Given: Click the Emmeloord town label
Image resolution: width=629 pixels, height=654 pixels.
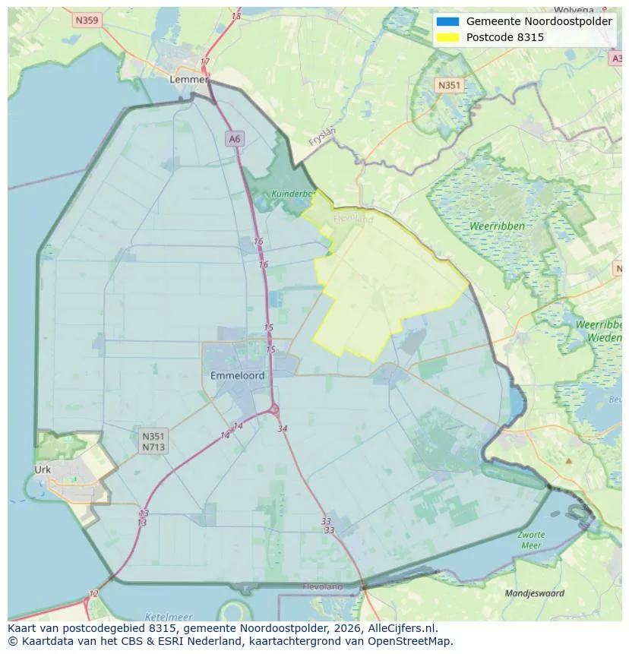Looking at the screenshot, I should [238, 375].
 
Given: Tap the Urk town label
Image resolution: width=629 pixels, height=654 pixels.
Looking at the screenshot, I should [43, 469].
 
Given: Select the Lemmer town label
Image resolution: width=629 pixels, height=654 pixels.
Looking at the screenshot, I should [189, 79].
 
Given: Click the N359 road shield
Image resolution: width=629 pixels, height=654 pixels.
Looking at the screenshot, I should [87, 21].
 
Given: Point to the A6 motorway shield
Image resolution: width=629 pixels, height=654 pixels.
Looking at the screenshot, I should [235, 138].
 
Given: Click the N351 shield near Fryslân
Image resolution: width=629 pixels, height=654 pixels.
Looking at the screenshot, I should [449, 85].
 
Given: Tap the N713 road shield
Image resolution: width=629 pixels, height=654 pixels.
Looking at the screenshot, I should [153, 447].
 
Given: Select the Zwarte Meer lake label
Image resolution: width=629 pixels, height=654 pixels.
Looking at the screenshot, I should [532, 539].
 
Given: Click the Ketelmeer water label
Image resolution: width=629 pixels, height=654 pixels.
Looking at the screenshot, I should [168, 617].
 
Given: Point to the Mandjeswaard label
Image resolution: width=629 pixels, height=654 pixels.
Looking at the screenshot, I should [535, 592].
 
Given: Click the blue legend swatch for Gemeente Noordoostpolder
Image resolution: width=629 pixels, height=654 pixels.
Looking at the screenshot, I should [448, 21].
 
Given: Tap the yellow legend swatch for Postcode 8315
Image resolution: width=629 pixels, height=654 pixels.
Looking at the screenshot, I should [448, 37].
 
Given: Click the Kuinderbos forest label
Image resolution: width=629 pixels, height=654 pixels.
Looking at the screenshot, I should [293, 194].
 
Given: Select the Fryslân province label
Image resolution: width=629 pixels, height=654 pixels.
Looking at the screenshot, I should [322, 136].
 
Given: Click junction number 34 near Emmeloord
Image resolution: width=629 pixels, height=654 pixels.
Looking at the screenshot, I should [283, 428].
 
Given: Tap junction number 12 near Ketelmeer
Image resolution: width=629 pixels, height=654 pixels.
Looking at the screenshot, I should [93, 593].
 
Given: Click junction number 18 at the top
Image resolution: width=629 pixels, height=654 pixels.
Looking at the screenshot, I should [235, 16].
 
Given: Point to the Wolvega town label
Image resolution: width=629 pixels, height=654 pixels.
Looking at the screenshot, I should [596, 10].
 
